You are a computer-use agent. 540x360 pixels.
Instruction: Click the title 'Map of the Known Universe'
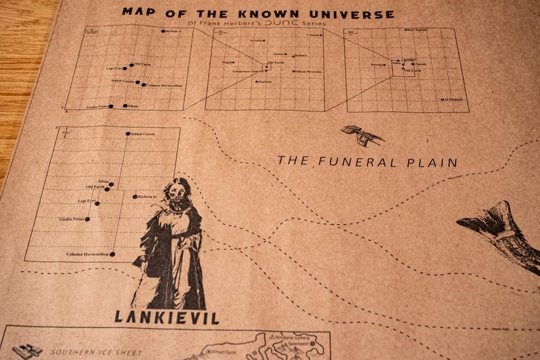(258, 13)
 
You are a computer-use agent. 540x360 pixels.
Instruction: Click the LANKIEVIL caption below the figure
(166, 317)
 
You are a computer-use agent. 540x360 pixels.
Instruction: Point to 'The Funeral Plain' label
(367, 162)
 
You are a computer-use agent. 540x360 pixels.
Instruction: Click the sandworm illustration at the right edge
(503, 235)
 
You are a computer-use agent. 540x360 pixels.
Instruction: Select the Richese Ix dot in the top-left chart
(163, 31)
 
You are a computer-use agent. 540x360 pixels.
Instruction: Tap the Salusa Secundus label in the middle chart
(307, 71)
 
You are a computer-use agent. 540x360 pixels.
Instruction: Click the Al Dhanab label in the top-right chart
(454, 99)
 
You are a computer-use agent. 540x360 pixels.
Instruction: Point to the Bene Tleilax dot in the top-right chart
(405, 30)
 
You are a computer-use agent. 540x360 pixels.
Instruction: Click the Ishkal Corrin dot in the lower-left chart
(127, 133)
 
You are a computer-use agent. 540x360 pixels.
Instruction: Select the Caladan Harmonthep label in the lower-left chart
(87, 255)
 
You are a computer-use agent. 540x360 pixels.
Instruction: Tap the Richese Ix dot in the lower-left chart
(135, 197)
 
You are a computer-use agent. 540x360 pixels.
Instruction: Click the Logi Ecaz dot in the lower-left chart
(97, 203)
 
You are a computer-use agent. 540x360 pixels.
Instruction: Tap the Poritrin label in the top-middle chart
(265, 82)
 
